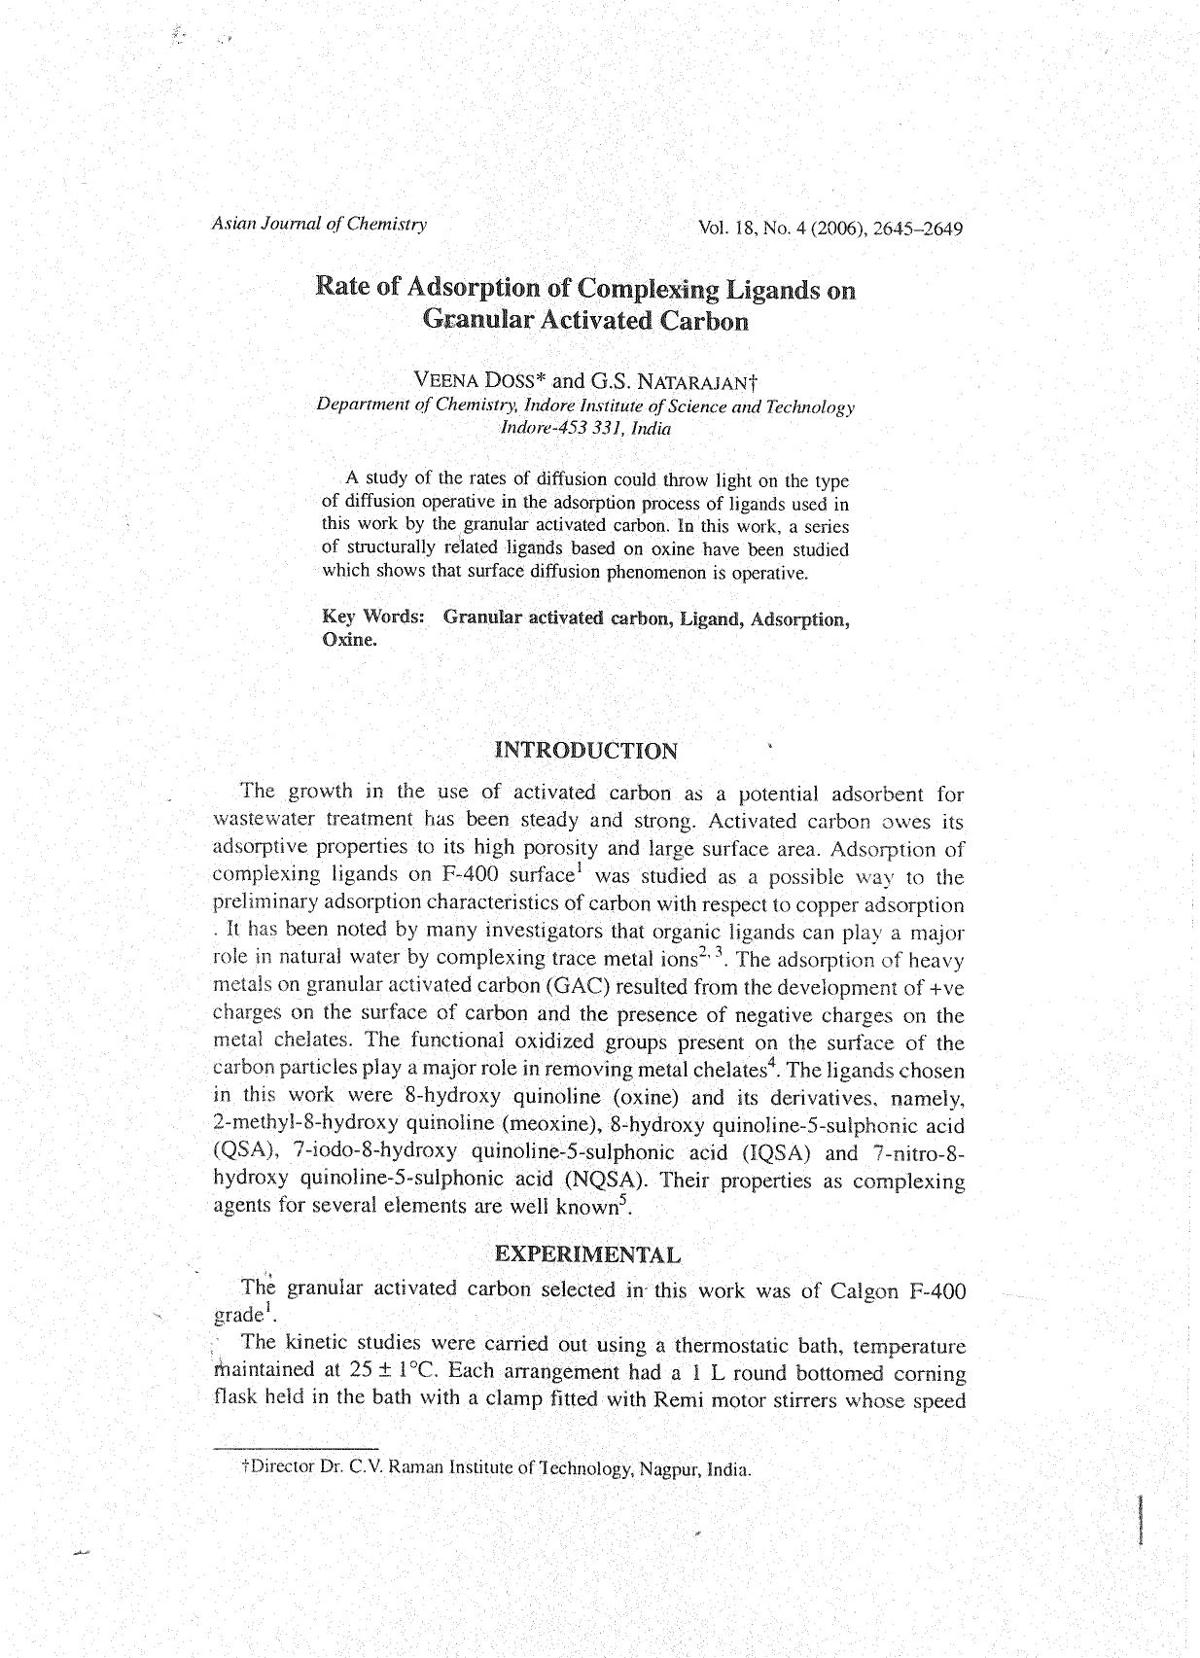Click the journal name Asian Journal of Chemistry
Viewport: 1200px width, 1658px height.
[319, 224]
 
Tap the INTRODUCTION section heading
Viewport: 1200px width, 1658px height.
[586, 750]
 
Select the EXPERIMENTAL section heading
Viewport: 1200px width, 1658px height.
[588, 1253]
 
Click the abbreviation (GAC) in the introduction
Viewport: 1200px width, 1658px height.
[578, 987]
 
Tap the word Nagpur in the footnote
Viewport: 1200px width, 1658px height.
[669, 1468]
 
